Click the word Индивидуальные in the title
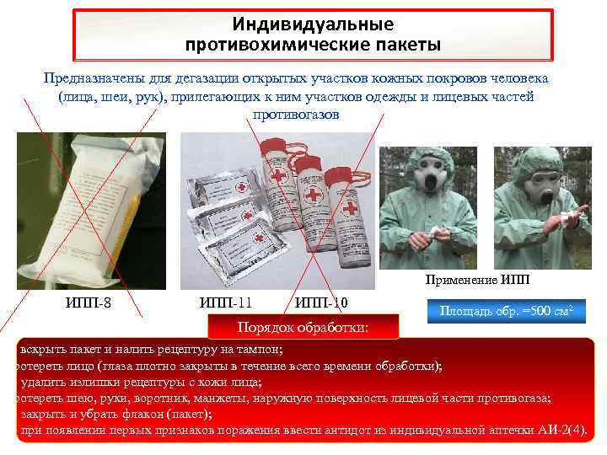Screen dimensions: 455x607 (x=313, y=24)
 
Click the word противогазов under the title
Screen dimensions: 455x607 (x=295, y=114)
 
